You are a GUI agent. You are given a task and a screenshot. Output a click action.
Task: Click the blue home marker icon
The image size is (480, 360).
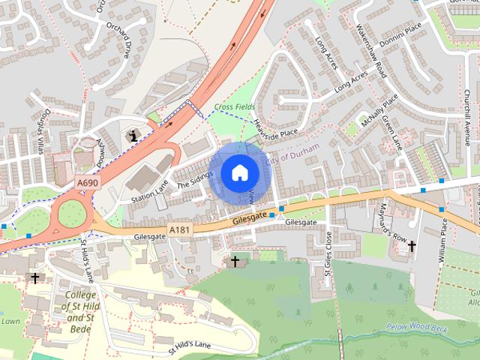239,173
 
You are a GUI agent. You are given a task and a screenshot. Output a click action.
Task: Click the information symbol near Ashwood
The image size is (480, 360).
134,135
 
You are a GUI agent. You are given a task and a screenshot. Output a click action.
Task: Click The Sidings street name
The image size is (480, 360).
195,178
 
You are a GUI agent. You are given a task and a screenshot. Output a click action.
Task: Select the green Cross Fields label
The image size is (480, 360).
234,108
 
